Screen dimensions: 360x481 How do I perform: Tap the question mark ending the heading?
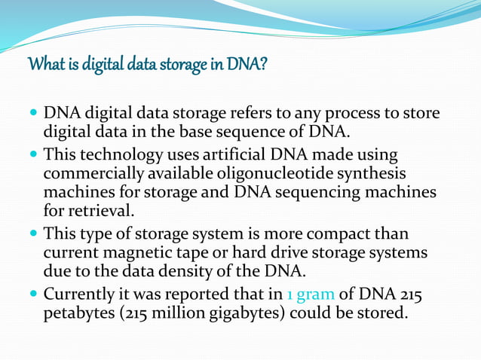click(263, 66)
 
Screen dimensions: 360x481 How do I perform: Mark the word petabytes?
click(79, 312)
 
